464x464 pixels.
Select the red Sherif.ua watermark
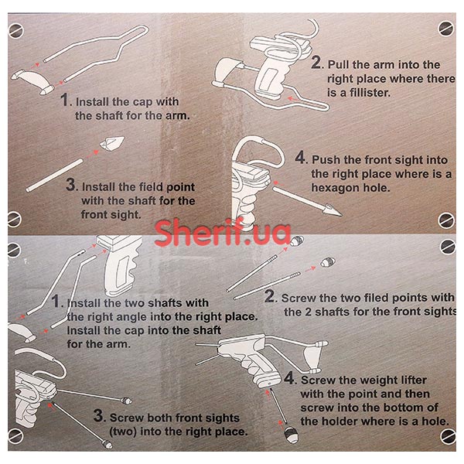coord(223,233)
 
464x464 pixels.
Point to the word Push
coord(326,160)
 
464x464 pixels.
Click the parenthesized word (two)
coord(123,432)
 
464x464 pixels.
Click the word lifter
coord(410,380)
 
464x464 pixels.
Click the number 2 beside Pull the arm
coord(316,63)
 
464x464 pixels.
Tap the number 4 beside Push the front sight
coord(300,157)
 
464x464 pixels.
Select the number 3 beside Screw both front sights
coord(98,415)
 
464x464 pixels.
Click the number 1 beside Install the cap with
coord(64,99)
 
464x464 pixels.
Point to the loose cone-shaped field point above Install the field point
coord(112,143)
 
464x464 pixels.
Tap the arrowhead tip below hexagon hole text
coord(341,214)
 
